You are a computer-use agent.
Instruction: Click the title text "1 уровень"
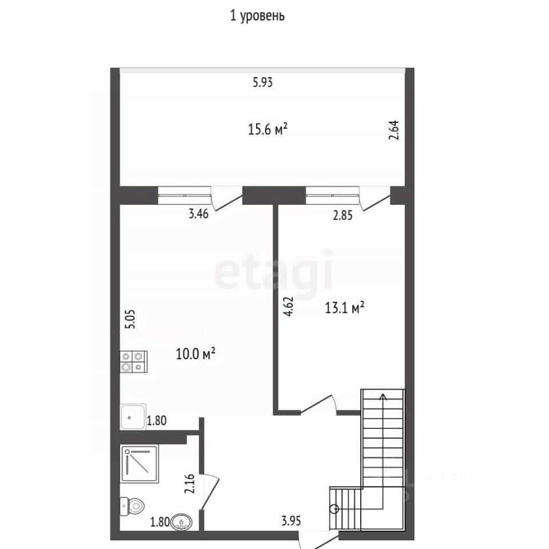coord(257,16)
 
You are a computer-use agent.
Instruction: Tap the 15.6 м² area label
coord(268,129)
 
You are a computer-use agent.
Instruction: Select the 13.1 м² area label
coord(344,308)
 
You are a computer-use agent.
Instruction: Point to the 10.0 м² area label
coord(196,353)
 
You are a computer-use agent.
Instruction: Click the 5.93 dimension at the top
coord(262,82)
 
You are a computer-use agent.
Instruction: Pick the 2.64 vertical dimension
coord(394,130)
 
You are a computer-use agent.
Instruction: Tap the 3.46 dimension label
coord(198,213)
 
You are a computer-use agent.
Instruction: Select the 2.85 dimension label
coord(343,215)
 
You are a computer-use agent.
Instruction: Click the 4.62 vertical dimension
coord(288,307)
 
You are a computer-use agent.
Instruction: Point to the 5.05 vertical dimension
coord(130,319)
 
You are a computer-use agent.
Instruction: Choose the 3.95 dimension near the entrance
coord(291,521)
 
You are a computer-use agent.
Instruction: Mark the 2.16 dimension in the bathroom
coord(189,484)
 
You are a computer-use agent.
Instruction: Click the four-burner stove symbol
coord(133,361)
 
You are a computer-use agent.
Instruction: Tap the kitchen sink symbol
coord(133,417)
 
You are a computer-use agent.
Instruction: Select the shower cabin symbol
coord(140,464)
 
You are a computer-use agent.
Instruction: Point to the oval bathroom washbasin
coord(181,522)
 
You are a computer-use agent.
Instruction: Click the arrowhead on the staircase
coord(383,397)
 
